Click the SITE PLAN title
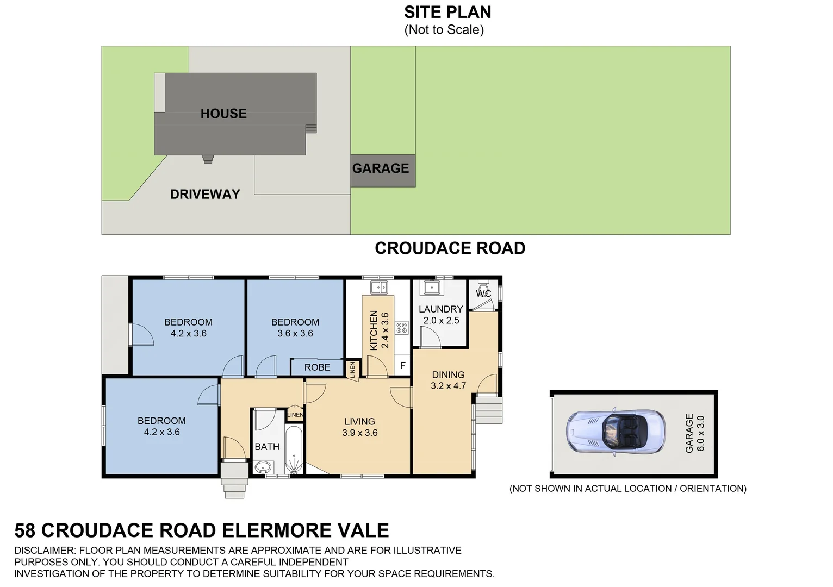point(447,12)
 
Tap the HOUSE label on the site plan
point(223,114)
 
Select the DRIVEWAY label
point(205,194)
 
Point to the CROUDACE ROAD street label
point(450,248)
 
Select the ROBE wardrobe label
point(317,367)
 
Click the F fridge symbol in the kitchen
point(402,366)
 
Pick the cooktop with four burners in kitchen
point(401,327)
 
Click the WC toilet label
point(483,293)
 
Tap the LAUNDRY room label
point(440,309)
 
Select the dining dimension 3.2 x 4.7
point(448,386)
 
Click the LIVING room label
point(359,421)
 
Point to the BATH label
point(267,446)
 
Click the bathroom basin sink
point(263,467)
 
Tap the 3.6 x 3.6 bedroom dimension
point(295,334)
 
